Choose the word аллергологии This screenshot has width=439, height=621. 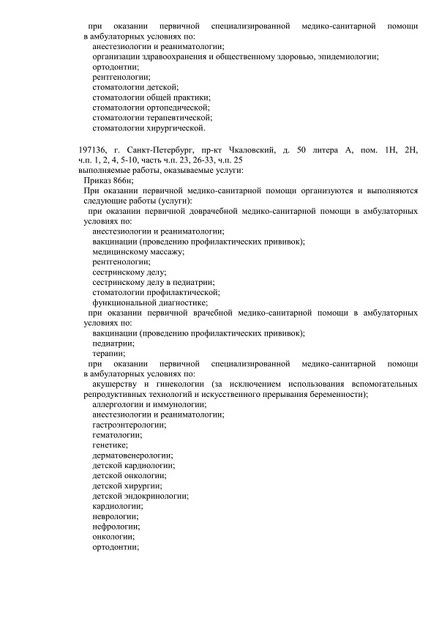point(119,404)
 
